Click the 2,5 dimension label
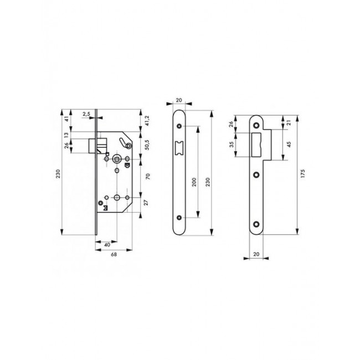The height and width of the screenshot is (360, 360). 86,114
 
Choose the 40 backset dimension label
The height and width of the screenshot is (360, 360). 105,243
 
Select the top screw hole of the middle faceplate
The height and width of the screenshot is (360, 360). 179,126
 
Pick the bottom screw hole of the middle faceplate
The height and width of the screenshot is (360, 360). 179,217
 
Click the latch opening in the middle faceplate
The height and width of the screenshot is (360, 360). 179,147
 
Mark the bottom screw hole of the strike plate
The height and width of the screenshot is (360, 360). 257,224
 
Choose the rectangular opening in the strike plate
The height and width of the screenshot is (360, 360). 258,141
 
